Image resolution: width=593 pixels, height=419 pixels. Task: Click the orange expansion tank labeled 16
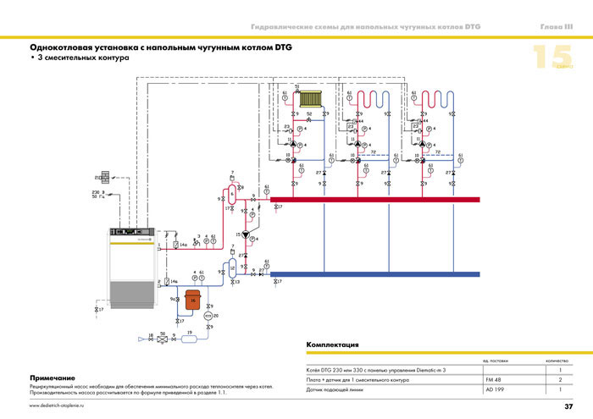pos(192,300)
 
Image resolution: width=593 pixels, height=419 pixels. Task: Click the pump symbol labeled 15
pos(247,234)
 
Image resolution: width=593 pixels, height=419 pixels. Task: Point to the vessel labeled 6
pos(230,195)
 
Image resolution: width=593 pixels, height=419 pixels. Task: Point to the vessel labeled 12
pos(230,268)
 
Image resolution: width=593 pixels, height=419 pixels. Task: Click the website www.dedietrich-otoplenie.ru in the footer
pos(64,407)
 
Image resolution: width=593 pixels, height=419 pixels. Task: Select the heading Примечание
pos(53,377)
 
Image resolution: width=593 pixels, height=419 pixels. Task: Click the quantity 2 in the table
pos(561,380)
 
